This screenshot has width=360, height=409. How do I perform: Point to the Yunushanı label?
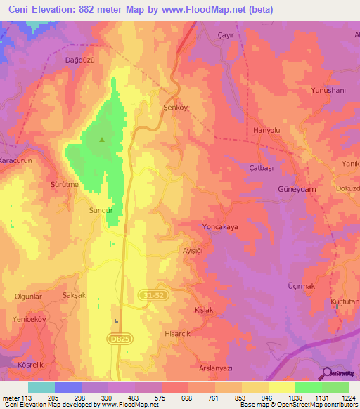click(329, 91)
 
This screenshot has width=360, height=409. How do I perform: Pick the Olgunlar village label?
click(29, 297)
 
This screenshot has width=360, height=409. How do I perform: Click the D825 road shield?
click(120, 339)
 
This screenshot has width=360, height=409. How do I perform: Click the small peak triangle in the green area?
click(102, 139)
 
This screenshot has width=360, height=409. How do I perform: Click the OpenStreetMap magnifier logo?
click(326, 372)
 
